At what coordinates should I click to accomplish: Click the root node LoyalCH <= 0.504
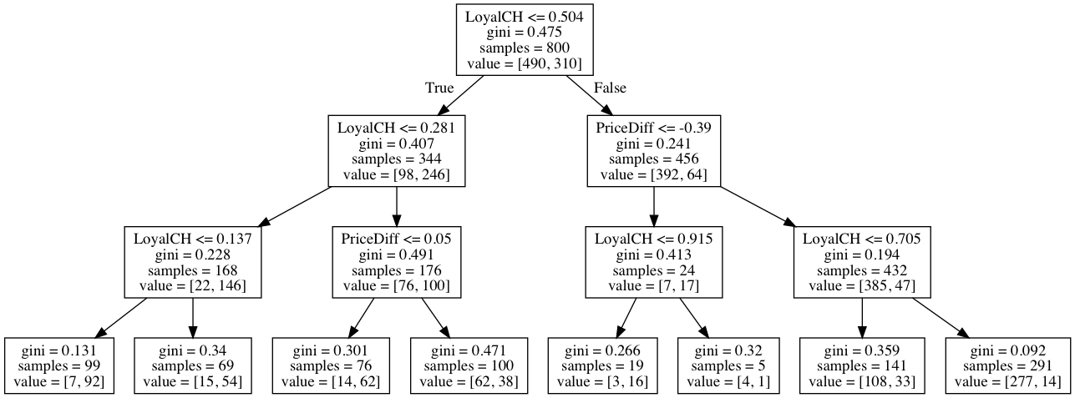[524, 38]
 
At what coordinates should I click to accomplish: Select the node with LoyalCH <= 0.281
[396, 151]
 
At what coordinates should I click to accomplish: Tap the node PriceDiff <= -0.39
[653, 151]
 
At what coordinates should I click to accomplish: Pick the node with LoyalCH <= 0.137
[192, 261]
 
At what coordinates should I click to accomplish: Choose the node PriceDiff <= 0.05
[396, 261]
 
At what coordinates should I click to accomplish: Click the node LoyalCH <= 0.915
[653, 261]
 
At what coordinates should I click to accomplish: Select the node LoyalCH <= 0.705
[861, 261]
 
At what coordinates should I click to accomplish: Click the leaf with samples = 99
[58, 365]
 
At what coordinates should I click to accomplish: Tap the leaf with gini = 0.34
[192, 365]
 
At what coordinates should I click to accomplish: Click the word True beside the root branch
[439, 88]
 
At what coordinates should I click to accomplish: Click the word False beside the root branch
[610, 88]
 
